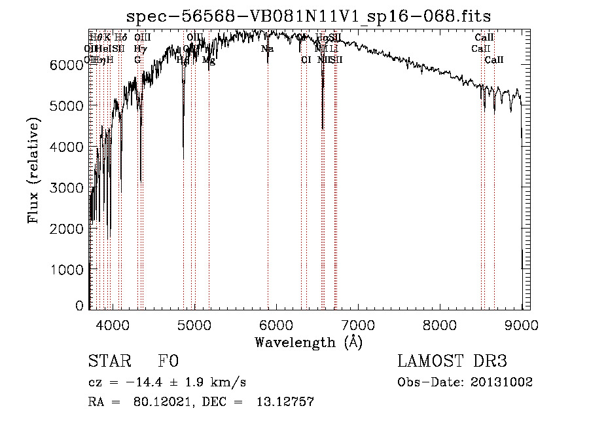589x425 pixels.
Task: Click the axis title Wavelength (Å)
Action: (308, 342)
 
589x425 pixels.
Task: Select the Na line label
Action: (267, 48)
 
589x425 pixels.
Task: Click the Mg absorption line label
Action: (208, 60)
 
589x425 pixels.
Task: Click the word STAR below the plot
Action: (107, 362)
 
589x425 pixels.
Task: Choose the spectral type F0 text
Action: (168, 362)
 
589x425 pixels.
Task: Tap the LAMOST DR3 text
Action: (452, 362)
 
